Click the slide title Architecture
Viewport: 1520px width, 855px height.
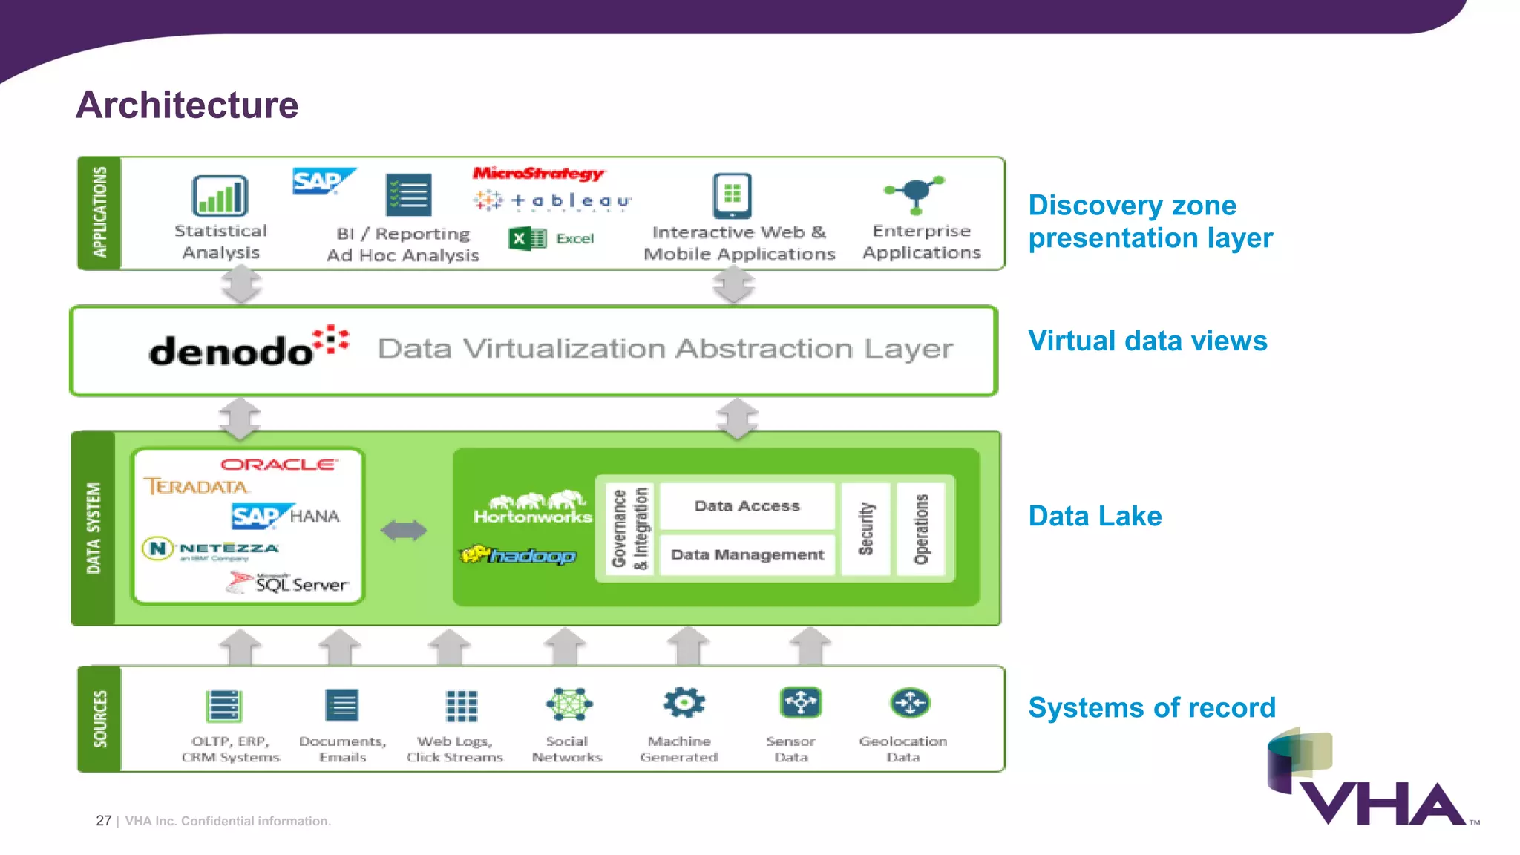(187, 105)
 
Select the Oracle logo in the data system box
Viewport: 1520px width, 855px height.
(279, 465)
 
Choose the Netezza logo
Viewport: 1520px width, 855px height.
(211, 549)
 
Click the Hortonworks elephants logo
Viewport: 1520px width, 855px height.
(533, 507)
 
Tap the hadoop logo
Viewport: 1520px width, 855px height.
(518, 555)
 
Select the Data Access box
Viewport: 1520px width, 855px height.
(747, 506)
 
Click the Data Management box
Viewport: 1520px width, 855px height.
(747, 555)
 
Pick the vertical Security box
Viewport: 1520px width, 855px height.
(865, 528)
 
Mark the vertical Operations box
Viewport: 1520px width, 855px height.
(921, 528)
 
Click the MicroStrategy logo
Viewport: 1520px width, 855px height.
(539, 174)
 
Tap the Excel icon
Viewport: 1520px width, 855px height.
(528, 238)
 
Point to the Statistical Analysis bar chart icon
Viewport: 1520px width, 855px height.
(220, 196)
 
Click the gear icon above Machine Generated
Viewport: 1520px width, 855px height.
(684, 702)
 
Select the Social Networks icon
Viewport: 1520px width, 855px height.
(569, 704)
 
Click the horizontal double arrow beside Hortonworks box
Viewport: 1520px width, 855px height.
(404, 530)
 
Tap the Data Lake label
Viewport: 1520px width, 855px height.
(1095, 516)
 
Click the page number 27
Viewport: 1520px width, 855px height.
(103, 821)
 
